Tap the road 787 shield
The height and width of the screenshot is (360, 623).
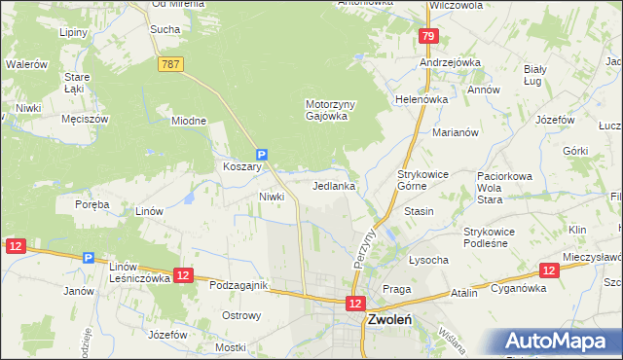point(170,63)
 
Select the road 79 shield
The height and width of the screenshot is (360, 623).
point(428,37)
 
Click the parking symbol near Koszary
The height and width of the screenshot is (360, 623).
point(261,154)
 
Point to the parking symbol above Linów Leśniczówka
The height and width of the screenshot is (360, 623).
point(89,258)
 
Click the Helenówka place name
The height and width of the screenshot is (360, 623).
point(421,99)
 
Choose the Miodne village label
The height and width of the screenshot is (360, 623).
point(189,121)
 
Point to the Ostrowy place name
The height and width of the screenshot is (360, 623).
point(241,315)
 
